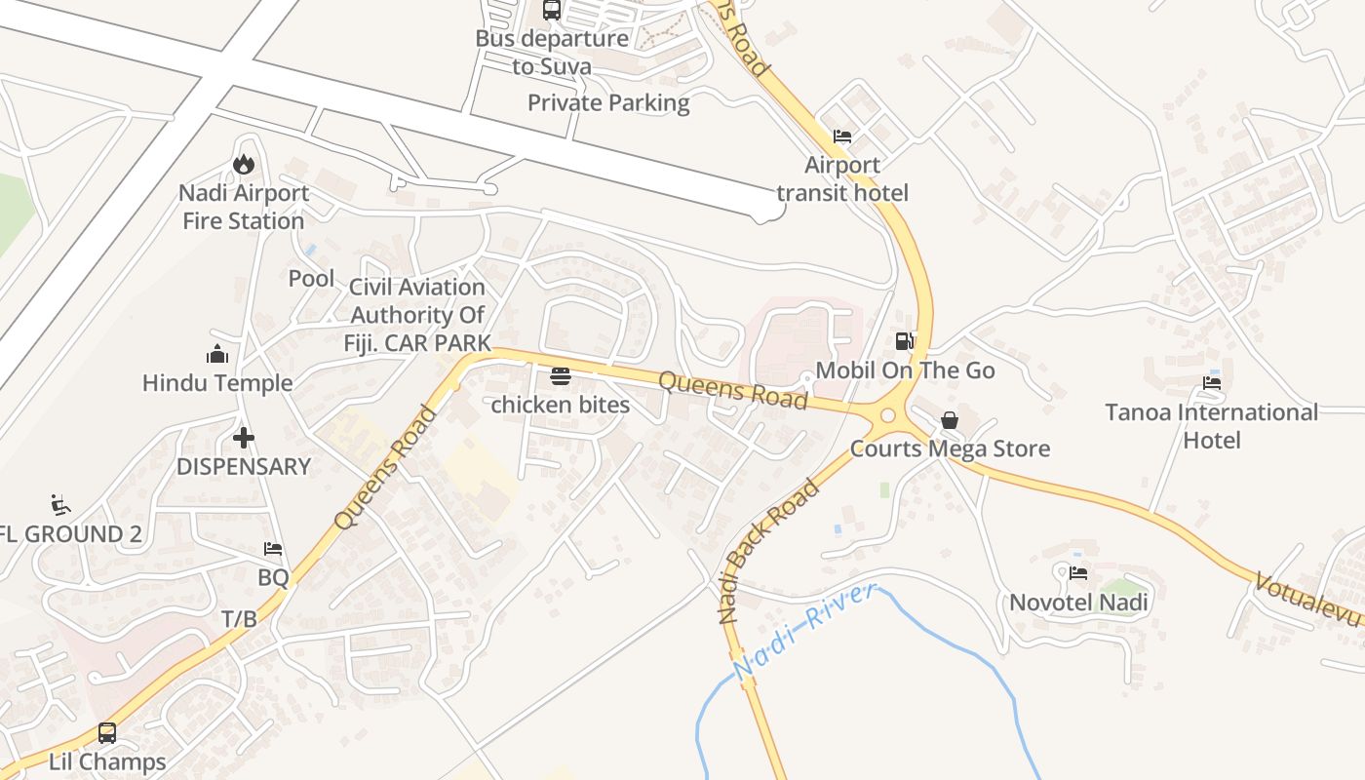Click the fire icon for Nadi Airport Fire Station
coord(244,165)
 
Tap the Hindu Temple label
coord(217,383)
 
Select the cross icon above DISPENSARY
coord(244,438)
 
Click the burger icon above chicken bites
coord(560,376)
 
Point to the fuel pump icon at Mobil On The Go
coord(905,341)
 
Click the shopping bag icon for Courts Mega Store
coord(949,420)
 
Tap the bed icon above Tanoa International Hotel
coord(1212,383)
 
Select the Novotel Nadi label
coord(1078,603)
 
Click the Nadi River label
coord(805,631)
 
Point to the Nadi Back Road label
coord(768,550)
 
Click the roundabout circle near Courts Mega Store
coord(887,416)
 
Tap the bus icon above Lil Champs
coord(107,732)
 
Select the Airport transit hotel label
coord(842,178)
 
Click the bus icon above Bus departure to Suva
coord(552,10)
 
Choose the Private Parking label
coord(608,102)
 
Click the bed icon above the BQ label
coord(273,550)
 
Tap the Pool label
coord(311,279)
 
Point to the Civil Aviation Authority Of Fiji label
coord(417,315)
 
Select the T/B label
coord(239,618)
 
